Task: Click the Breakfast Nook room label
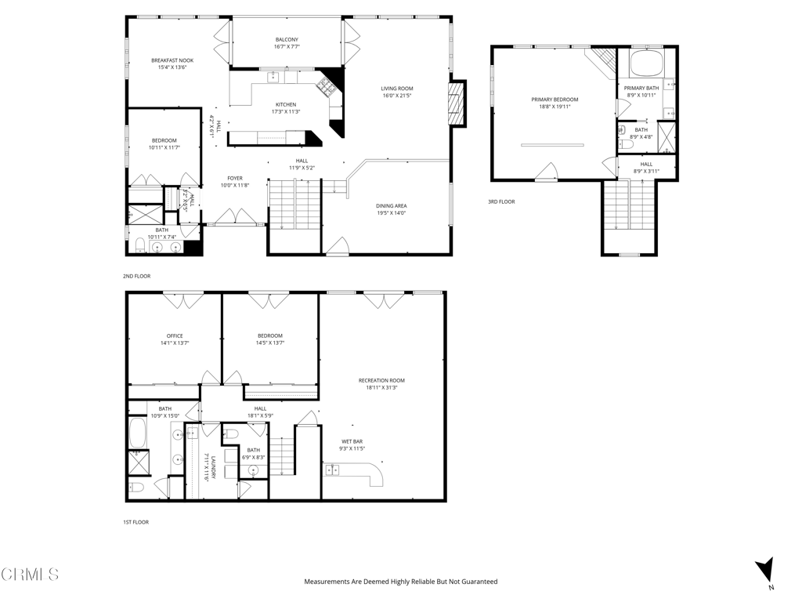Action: pos(172,60)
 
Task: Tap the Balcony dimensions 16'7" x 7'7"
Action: pos(287,47)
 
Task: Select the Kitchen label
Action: pos(286,104)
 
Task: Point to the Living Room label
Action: pos(397,89)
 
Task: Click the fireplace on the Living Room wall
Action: pos(456,103)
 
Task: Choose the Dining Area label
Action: pos(392,205)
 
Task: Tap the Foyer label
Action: pos(235,178)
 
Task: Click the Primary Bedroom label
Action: pos(555,100)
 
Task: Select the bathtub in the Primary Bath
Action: pos(647,63)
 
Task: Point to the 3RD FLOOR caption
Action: pos(501,201)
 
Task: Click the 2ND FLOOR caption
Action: pos(136,276)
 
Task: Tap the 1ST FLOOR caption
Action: pos(135,521)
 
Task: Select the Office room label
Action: pos(175,335)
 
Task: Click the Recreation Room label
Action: pos(381,380)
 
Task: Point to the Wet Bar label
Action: pos(352,441)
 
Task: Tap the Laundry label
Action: pos(206,463)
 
